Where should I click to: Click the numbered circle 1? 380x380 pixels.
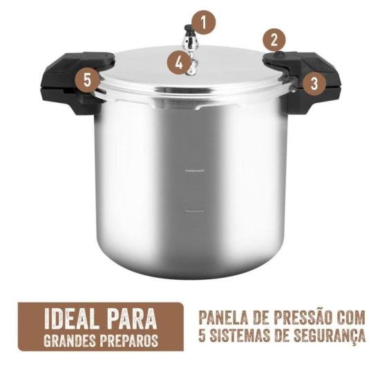click(x=203, y=22)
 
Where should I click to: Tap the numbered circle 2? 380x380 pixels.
click(x=274, y=39)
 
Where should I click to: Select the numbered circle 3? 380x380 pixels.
click(x=314, y=84)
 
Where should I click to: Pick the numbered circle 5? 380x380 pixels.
click(x=86, y=79)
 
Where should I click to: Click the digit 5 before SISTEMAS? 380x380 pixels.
click(x=201, y=339)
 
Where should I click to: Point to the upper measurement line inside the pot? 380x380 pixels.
click(x=195, y=169)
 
